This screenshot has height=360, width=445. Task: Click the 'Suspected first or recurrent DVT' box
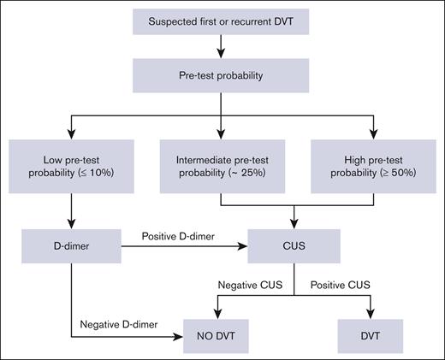222,21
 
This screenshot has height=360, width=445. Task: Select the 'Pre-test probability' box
222,74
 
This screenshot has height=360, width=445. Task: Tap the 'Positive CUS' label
344,284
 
